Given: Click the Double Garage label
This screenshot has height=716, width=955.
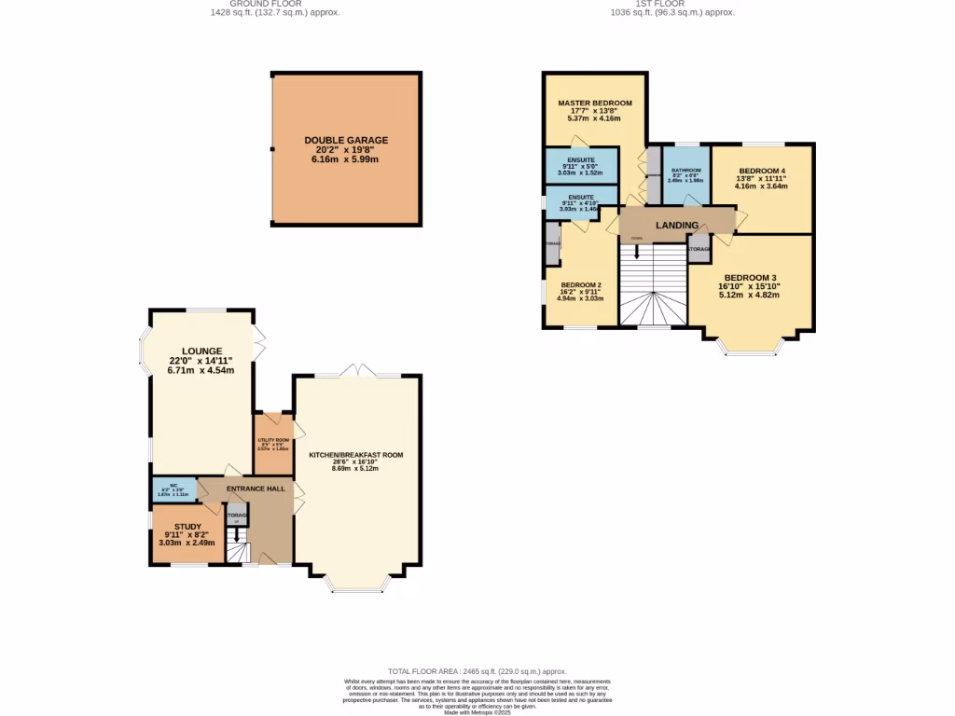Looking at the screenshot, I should (346, 141).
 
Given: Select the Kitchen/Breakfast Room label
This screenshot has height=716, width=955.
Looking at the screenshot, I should (355, 455).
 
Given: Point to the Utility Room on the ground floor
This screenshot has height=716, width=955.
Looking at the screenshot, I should (273, 444).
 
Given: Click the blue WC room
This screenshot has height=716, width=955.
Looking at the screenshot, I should (173, 489).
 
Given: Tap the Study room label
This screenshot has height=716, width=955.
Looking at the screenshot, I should (187, 527).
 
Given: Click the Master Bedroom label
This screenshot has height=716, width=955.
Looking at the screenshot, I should (595, 103).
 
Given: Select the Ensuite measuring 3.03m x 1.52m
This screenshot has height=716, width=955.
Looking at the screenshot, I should (581, 164).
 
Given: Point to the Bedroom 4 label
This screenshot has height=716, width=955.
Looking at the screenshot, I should (762, 172).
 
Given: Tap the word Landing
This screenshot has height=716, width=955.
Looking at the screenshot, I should (677, 226).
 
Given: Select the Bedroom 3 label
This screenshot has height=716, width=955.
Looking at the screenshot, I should (749, 278).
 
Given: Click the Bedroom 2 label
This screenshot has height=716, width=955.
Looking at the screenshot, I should (581, 285).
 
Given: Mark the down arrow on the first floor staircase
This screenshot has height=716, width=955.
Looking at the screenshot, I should (637, 252).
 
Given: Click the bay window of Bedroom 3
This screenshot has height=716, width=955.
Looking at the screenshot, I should (751, 349).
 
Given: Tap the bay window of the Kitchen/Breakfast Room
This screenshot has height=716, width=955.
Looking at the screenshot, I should (356, 585).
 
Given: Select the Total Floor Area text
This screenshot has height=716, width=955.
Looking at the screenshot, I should (477, 671).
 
